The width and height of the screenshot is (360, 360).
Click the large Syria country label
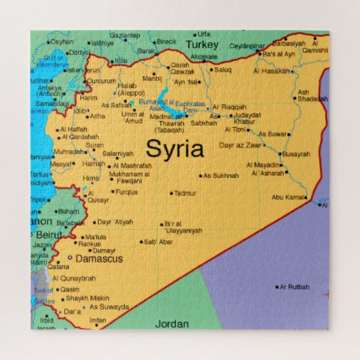tap(175, 148)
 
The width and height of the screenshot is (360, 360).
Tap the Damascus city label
tap(98, 259)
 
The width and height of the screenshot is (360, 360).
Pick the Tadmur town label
tap(185, 194)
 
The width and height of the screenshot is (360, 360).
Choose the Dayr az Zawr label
tap(240, 145)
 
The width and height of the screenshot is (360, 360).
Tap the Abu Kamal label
tap(289, 197)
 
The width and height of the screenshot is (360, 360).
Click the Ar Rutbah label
tap(295, 287)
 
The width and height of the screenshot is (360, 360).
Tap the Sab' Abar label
tap(159, 241)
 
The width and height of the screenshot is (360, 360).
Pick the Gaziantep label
tap(124, 35)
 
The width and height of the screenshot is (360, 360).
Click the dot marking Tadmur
tap(171, 194)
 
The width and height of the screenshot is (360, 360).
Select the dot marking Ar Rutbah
tap(277, 287)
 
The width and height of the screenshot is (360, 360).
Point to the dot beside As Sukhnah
tap(202, 175)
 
